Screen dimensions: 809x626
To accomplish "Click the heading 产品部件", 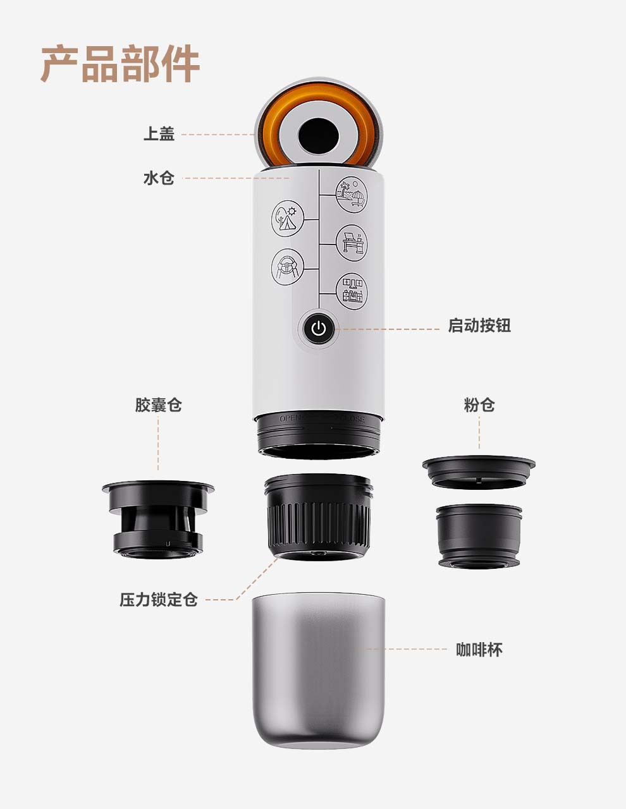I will pyautogui.click(x=120, y=64).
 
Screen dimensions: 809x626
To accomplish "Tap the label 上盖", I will pyautogui.click(x=159, y=135).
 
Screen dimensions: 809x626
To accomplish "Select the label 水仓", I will pyautogui.click(x=159, y=178).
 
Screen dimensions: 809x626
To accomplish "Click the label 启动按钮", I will pyautogui.click(x=479, y=326).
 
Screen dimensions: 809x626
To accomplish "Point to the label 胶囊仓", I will pyautogui.click(x=158, y=405).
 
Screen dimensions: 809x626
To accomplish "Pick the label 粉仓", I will pyautogui.click(x=479, y=405).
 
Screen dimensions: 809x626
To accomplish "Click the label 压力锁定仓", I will pyautogui.click(x=159, y=600).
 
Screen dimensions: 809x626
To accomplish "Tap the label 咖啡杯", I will pyautogui.click(x=479, y=650).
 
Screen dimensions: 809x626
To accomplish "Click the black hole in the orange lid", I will pyautogui.click(x=318, y=133).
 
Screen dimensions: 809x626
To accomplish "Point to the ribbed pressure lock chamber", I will pyautogui.click(x=318, y=518).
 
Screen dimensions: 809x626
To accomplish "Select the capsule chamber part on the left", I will pyautogui.click(x=158, y=518).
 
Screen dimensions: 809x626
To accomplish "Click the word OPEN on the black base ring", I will pyautogui.click(x=292, y=419).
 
